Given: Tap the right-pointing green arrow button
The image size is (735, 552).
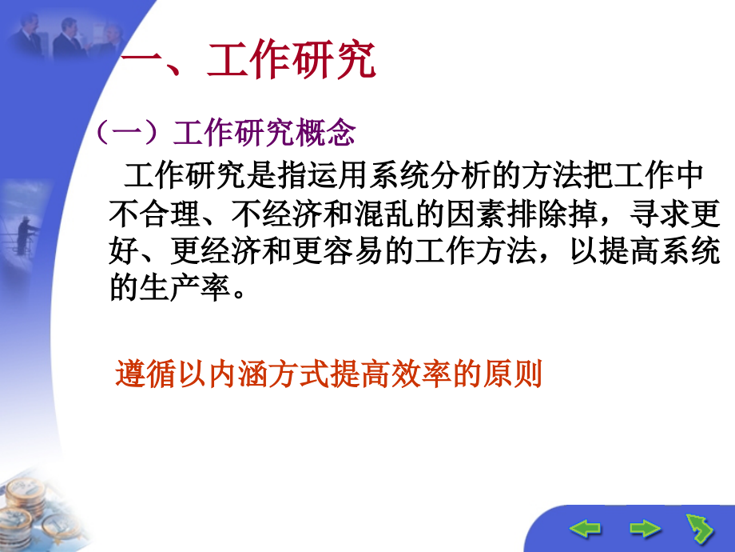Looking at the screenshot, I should pos(645,528).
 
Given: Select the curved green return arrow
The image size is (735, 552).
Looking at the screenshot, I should pos(700,528).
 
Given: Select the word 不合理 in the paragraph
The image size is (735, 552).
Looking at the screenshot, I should pos(154,213).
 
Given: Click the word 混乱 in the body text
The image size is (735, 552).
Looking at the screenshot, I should pos(383,213).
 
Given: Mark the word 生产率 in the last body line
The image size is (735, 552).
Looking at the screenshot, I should pos(185,288).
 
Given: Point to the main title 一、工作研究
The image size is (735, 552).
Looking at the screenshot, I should pos(248,62).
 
